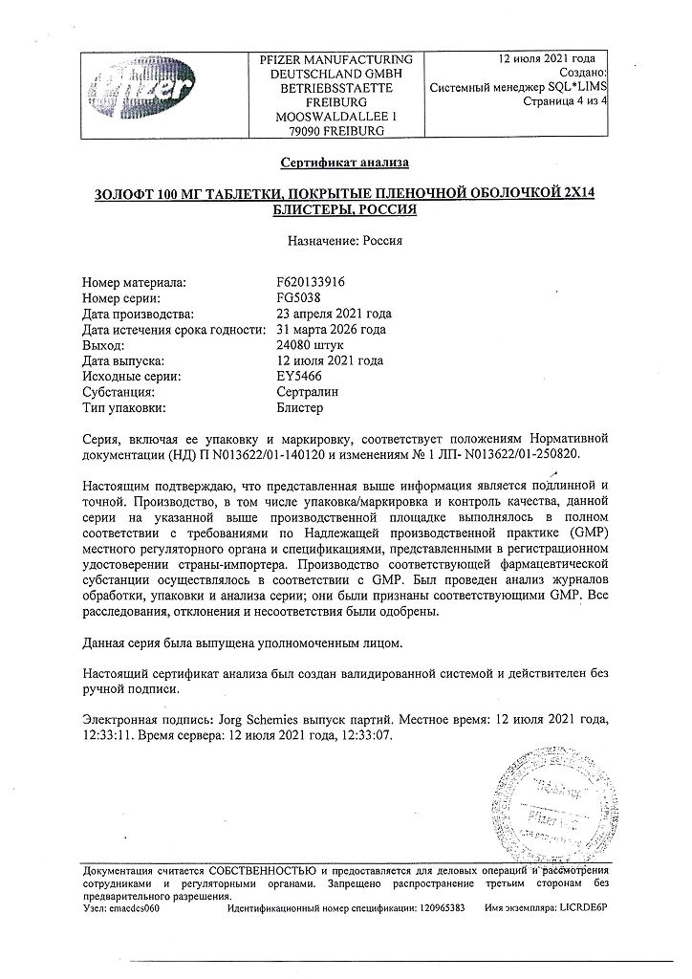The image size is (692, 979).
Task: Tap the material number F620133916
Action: coord(310,283)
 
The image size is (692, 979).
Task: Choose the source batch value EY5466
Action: coord(297,377)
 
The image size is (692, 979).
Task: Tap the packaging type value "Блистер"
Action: coord(301,408)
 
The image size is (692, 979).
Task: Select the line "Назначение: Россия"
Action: coord(345,241)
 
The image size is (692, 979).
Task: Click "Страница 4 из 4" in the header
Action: coord(558,100)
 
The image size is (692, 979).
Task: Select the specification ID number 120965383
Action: coord(441,907)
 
